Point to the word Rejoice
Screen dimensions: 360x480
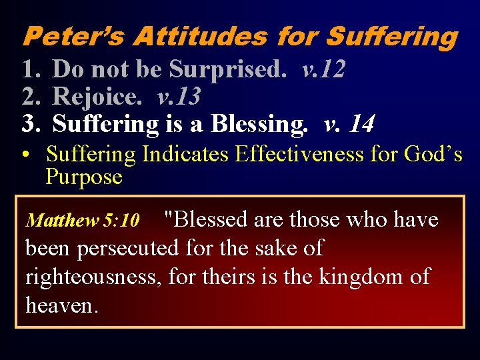pos(97,97)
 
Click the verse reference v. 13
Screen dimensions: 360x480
pos(179,97)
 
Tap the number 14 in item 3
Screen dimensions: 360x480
pos(361,124)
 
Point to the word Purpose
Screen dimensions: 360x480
pos(84,177)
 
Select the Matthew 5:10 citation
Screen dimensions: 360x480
pos(82,220)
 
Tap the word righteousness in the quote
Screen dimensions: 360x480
pos(93,277)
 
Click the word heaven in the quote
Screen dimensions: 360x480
pos(59,305)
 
